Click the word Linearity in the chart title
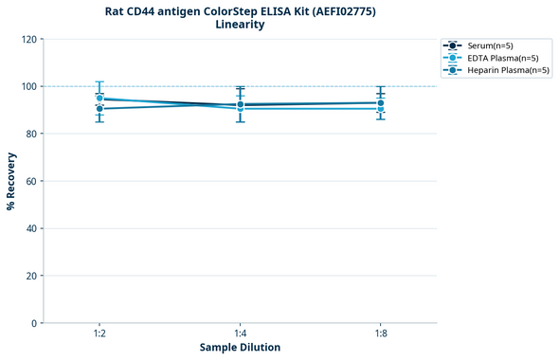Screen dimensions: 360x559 240,25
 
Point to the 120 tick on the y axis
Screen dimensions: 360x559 28,39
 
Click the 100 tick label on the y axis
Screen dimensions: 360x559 28,86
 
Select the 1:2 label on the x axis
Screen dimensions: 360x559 99,334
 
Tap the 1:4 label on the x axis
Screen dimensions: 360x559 240,334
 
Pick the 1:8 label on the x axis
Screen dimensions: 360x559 380,334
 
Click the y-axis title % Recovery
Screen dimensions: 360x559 11,181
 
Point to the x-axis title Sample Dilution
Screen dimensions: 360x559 240,348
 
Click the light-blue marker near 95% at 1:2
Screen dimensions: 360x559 99,98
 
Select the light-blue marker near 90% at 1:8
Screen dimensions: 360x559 380,109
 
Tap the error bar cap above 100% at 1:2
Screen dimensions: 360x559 99,81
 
